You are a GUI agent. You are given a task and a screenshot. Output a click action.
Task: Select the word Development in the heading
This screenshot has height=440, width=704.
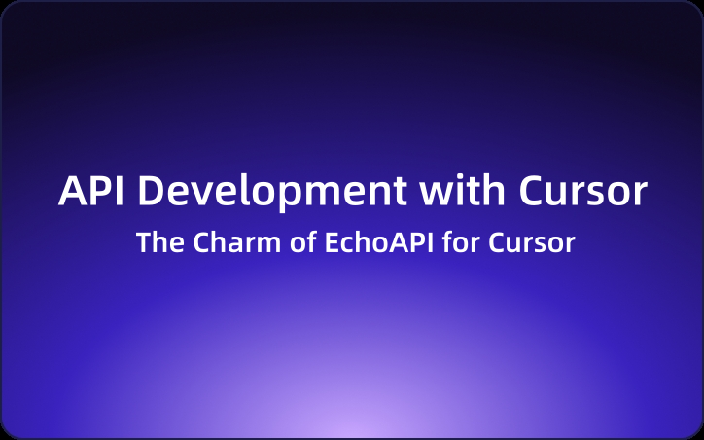click(x=276, y=193)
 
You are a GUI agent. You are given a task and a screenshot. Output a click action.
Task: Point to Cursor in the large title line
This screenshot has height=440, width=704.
click(x=582, y=192)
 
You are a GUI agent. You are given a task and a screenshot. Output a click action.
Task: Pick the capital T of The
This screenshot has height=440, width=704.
click(x=144, y=243)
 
